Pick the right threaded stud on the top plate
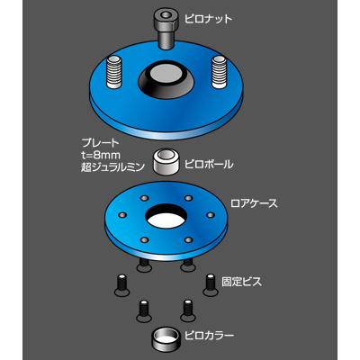tap(218, 68)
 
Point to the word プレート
tap(97, 141)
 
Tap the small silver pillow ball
tap(163, 161)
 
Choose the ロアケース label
tap(255, 203)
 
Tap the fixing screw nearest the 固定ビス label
tap(208, 282)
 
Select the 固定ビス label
tap(241, 282)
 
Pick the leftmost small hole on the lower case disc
tap(121, 216)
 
